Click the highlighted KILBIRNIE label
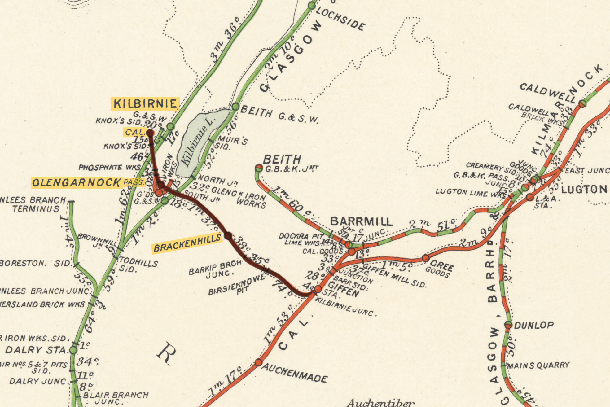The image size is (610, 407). click(x=145, y=104)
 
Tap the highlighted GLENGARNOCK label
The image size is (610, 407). click(x=76, y=182)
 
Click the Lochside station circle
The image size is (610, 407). click(x=312, y=6)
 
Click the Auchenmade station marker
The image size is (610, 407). click(x=258, y=362)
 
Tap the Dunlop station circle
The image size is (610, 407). click(x=508, y=325)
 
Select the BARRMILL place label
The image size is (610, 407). click(x=361, y=221)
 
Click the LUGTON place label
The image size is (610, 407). click(x=584, y=189)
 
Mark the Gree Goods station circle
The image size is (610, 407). click(x=426, y=258)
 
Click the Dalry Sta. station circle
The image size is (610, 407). click(x=73, y=350)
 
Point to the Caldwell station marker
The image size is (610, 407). click(x=582, y=103)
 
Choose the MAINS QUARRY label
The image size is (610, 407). click(x=538, y=365)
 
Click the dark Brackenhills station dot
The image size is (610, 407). click(x=228, y=236)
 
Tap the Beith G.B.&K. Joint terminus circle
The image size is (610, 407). click(x=259, y=168)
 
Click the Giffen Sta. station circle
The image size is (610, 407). click(x=318, y=289)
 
